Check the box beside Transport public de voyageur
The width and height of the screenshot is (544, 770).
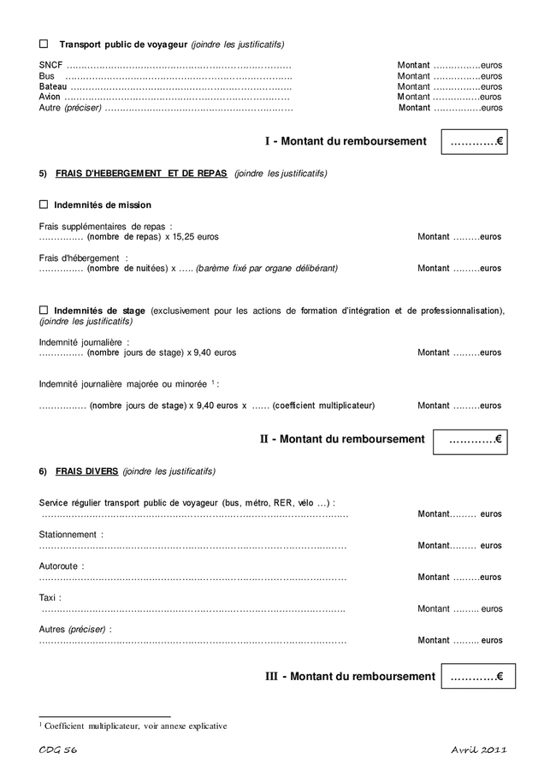point(44,44)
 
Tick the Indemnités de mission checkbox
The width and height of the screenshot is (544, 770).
point(44,204)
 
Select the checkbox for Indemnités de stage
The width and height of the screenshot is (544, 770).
point(44,310)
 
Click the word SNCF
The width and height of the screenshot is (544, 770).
point(50,65)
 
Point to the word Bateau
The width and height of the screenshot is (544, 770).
point(53,86)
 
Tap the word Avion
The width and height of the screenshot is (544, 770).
point(50,97)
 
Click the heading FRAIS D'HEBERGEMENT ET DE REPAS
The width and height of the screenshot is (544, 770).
point(141,173)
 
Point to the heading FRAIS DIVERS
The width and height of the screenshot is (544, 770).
point(86,471)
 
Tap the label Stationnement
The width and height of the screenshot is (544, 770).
point(69,534)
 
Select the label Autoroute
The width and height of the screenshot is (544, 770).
point(61,566)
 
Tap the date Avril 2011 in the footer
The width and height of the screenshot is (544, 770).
point(479,750)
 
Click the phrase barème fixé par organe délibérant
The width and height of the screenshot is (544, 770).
point(267,268)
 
